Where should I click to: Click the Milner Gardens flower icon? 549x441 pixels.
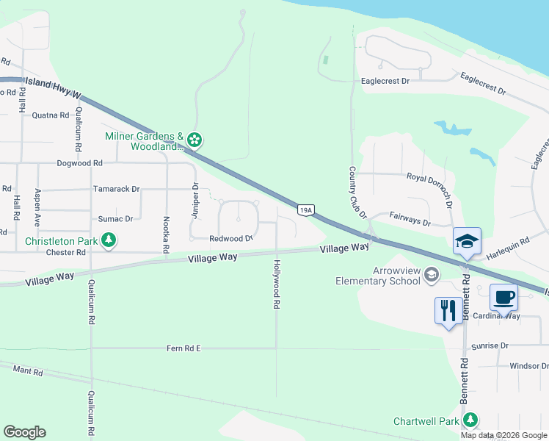click(x=194, y=139)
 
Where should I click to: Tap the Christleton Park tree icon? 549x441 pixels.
click(x=109, y=240)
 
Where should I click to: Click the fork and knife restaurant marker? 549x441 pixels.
click(x=448, y=310)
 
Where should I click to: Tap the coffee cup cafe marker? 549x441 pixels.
click(x=503, y=298)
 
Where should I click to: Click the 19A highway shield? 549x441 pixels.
click(x=306, y=210)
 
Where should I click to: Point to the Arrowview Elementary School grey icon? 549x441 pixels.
click(x=432, y=274)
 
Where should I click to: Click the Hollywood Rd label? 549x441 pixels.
click(x=277, y=284)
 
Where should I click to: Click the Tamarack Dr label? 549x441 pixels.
click(x=116, y=189)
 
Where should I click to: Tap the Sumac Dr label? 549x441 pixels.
click(x=116, y=219)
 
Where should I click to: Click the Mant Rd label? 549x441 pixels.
click(x=27, y=373)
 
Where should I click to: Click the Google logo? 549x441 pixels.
click(x=24, y=432)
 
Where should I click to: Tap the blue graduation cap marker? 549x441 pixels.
click(x=468, y=240)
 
